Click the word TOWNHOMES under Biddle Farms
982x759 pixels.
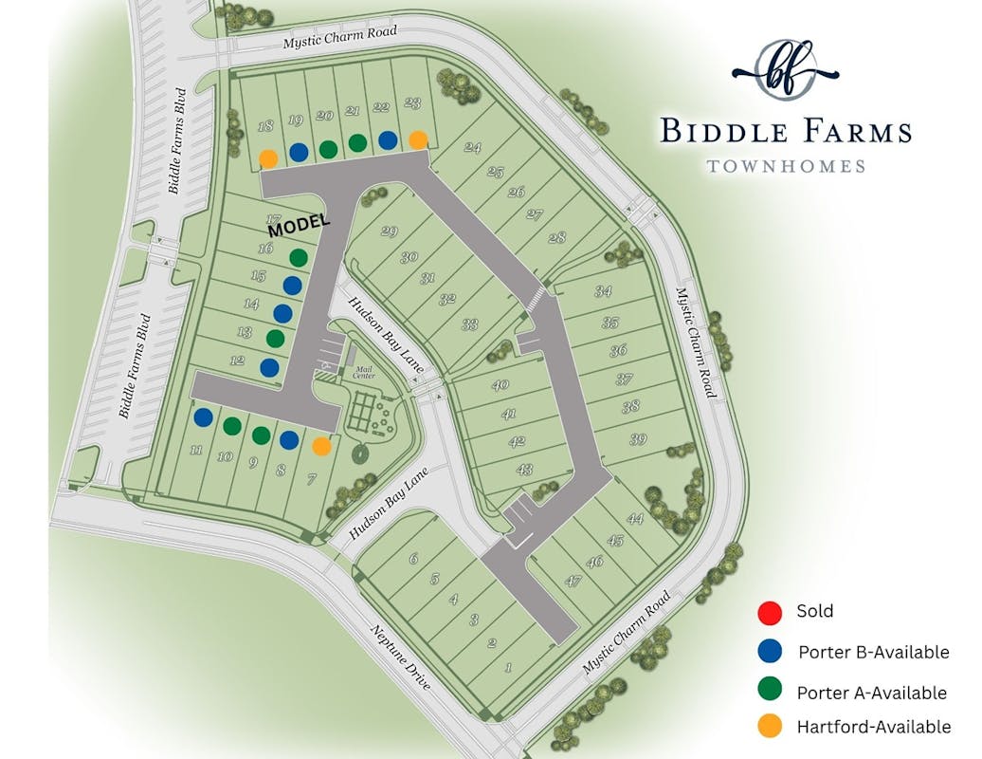tap(786, 166)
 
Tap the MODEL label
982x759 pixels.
tap(299, 225)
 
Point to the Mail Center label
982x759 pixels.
tap(364, 373)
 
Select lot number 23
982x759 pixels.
tap(412, 103)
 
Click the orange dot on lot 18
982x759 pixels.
tap(268, 158)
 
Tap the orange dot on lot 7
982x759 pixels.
tap(322, 445)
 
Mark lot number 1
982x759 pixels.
tap(509, 668)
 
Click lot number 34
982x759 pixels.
tap(603, 292)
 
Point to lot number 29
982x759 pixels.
tap(389, 232)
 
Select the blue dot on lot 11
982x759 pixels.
tap(203, 417)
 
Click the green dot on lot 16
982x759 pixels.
tap(298, 256)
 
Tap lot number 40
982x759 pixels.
tap(501, 384)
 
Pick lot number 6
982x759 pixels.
tap(413, 559)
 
